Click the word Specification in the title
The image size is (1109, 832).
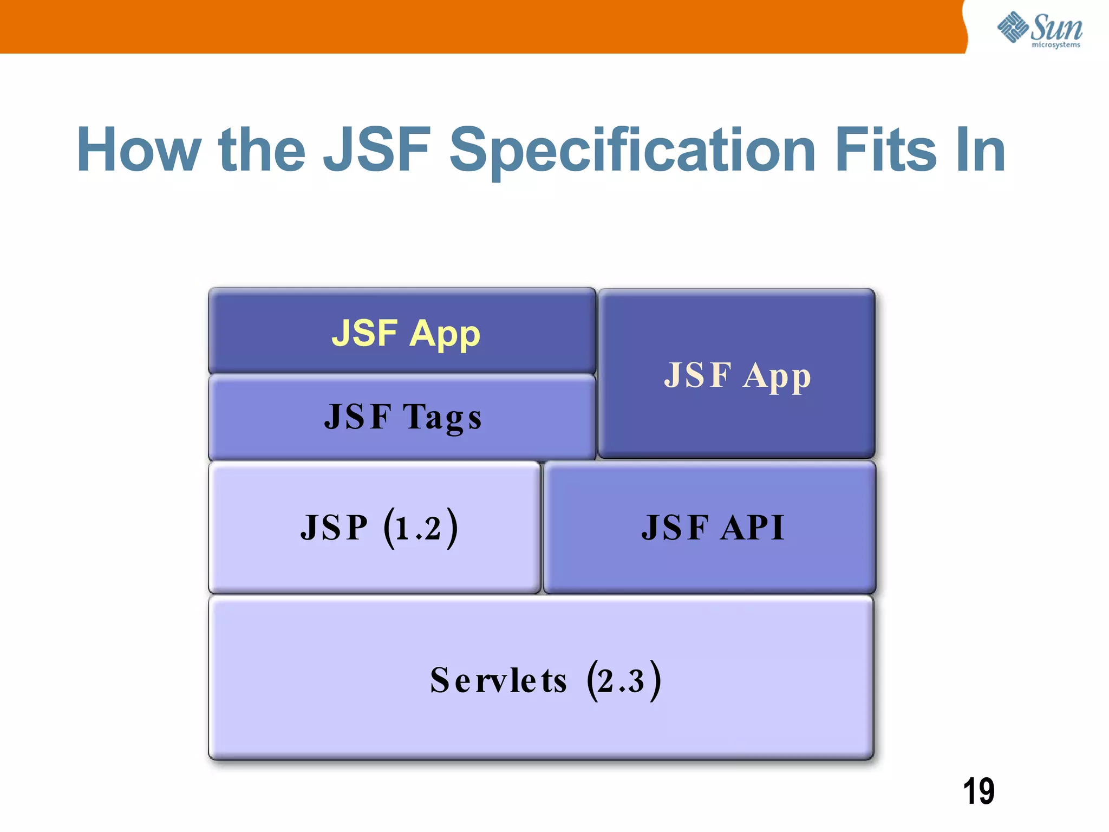[632, 150]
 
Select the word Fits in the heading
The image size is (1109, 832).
[885, 150]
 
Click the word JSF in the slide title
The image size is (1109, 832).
[377, 150]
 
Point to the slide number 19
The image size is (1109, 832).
[978, 791]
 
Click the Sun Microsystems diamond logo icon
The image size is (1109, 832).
[1013, 27]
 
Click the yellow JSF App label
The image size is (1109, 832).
[406, 333]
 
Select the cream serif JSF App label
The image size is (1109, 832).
[738, 375]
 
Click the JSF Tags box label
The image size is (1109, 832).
[403, 417]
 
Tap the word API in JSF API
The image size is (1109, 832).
[753, 528]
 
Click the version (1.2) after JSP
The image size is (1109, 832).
[421, 528]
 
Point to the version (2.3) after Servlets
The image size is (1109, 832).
[624, 681]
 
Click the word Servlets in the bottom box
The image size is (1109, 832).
[498, 681]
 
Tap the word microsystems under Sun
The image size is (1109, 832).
[1055, 45]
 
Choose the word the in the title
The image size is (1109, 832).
[262, 150]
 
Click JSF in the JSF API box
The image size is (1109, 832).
[675, 528]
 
